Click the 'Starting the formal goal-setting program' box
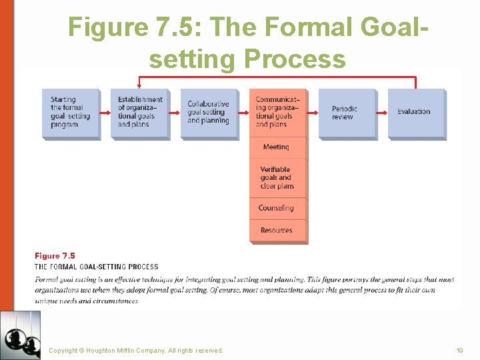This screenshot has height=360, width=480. pos(71,113)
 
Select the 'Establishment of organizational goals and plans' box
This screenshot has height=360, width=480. pos(139,113)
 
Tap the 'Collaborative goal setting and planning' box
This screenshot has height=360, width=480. pos(209,113)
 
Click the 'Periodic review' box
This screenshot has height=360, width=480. pos(347,113)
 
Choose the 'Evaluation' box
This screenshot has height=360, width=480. pos(416,113)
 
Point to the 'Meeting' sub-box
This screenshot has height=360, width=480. pos(278,147)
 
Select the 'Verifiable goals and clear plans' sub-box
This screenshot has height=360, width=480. pos(278,178)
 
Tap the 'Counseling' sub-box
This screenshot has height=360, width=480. pos(278,208)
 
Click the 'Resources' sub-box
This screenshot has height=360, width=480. pos(278,230)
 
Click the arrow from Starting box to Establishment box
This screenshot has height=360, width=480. pos(105,113)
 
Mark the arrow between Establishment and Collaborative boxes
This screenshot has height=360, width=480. pos(174,113)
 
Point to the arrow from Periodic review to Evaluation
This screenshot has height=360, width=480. pos(381,113)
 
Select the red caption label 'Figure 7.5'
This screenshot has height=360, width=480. pos(55,256)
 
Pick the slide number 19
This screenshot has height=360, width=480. pos(459,350)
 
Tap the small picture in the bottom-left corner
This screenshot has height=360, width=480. pos(21,335)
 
